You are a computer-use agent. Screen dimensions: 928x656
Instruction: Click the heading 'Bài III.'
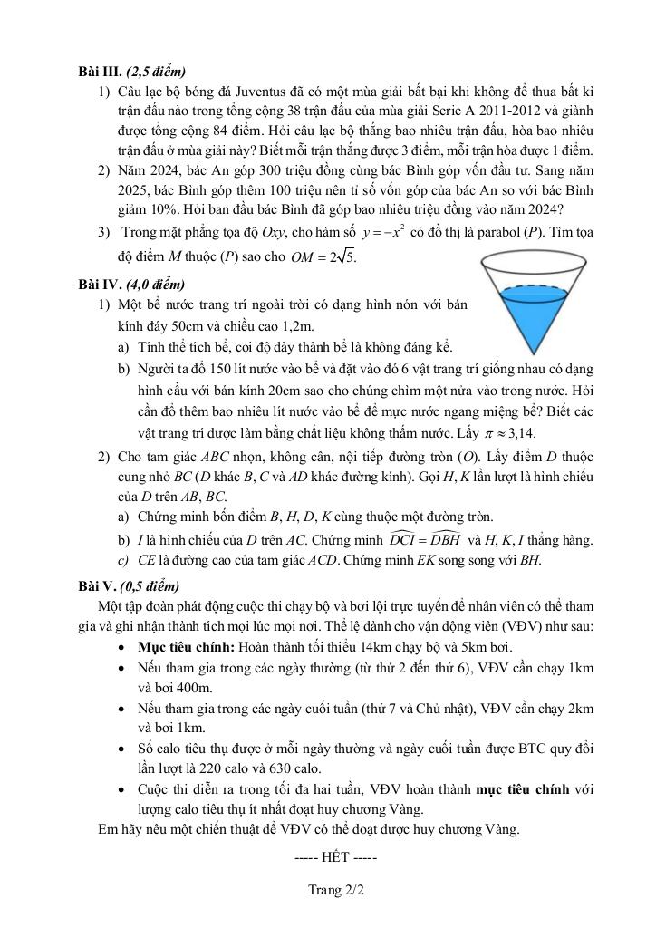click(x=100, y=72)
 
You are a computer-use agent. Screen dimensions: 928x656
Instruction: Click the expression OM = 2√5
click(x=324, y=257)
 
